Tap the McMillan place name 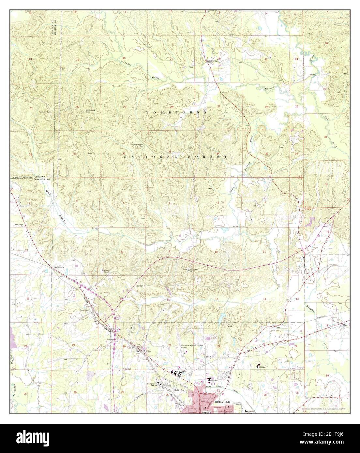click(x=59, y=267)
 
